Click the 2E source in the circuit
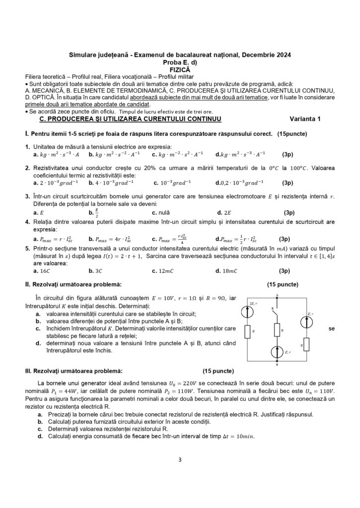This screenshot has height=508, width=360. (247, 311)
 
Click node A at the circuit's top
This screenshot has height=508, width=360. (277, 297)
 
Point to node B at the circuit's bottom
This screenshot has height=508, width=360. (277, 362)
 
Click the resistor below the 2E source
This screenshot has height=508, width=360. (247, 331)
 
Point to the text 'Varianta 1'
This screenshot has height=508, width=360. (305, 119)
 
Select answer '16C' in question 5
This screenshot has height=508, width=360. (44, 271)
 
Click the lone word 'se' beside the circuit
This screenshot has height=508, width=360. (331, 328)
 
